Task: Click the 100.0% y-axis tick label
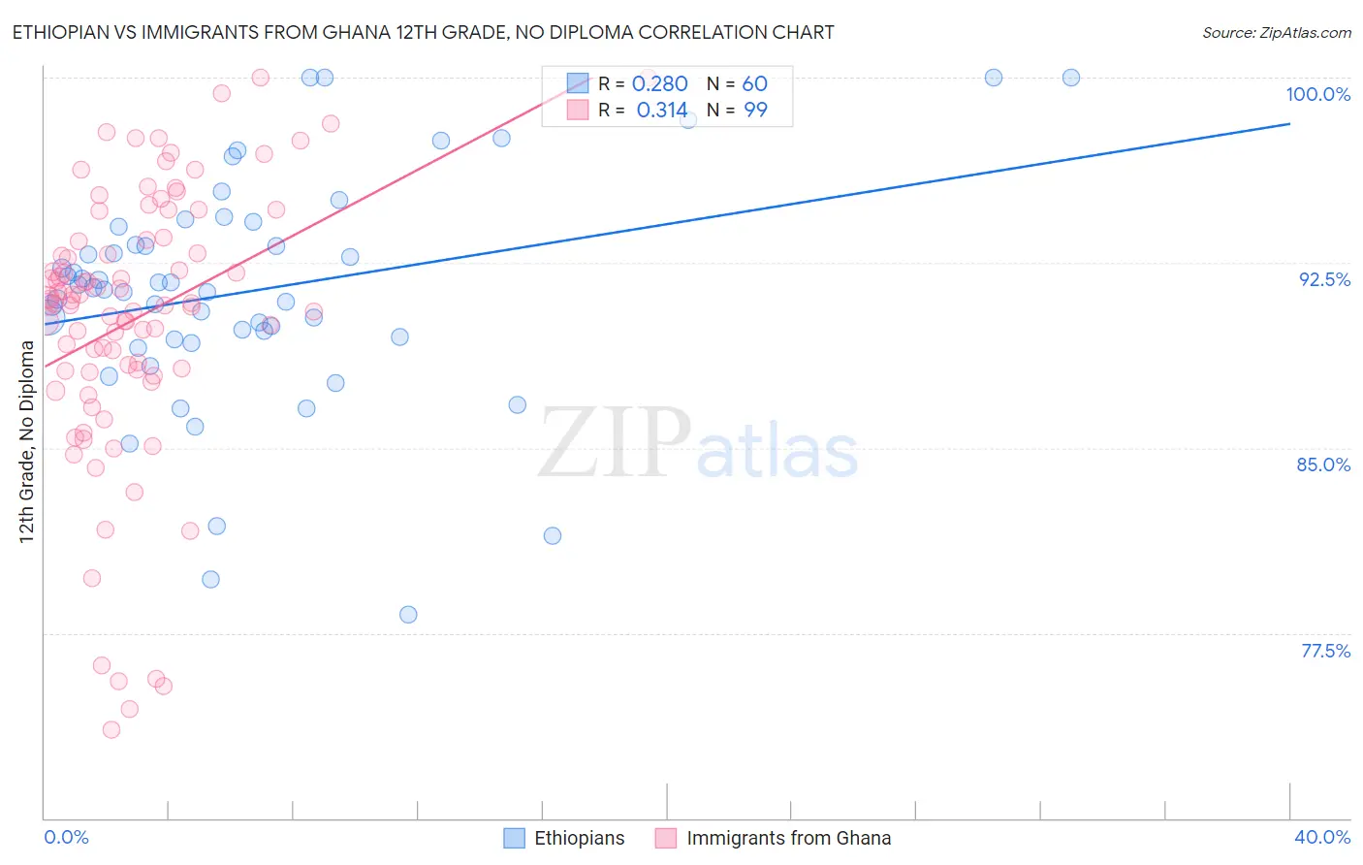coord(1317,94)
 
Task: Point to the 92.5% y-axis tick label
coord(1324,279)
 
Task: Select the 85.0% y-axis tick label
coord(1323,465)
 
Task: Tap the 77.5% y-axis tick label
coord(1325,651)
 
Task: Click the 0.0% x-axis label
coord(66,837)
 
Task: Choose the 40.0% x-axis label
coord(1321,837)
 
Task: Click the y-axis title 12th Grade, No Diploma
coord(26,441)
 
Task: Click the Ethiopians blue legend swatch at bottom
coord(514,838)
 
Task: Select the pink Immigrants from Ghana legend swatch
coord(665,838)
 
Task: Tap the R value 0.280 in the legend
coord(659,84)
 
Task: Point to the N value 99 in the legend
coord(755,111)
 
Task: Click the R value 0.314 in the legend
coord(661,111)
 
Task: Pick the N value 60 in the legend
coord(755,84)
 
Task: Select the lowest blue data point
coord(408,615)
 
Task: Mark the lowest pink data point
coord(111,729)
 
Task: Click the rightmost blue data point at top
coord(1071,78)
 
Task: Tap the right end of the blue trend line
coord(1289,124)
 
